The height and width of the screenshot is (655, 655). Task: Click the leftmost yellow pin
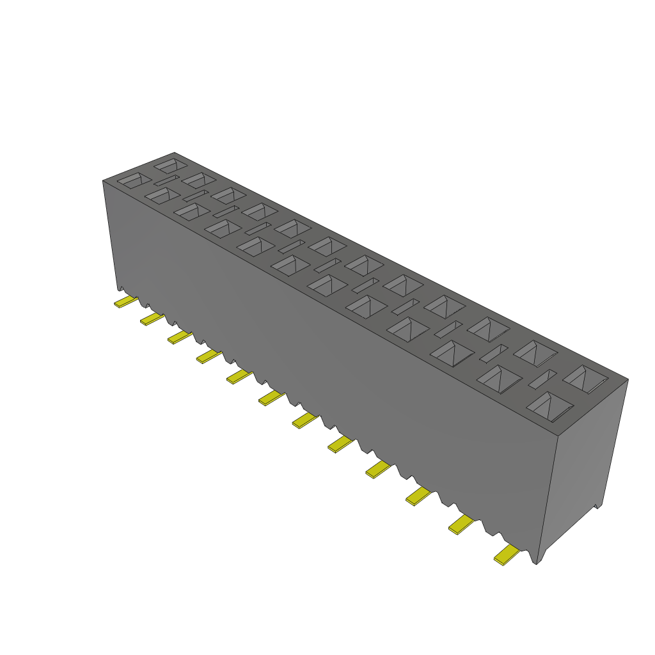pyautogui.click(x=125, y=301)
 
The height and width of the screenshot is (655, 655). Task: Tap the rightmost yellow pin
pyautogui.click(x=506, y=555)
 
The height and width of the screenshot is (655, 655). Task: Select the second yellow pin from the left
pyautogui.click(x=152, y=319)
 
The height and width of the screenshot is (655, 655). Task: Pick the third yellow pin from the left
pyautogui.click(x=180, y=336)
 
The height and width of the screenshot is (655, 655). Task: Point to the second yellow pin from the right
pyautogui.click(x=461, y=525)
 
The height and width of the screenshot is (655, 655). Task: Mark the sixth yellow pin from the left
pyautogui.click(x=271, y=398)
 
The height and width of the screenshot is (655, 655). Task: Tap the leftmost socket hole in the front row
pyautogui.click(x=134, y=180)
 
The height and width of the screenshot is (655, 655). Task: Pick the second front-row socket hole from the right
pyautogui.click(x=500, y=378)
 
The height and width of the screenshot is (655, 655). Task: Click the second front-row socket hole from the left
pyautogui.click(x=162, y=196)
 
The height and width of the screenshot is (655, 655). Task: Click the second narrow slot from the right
pyautogui.click(x=494, y=352)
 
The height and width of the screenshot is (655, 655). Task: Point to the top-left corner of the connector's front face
pyautogui.click(x=103, y=181)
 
